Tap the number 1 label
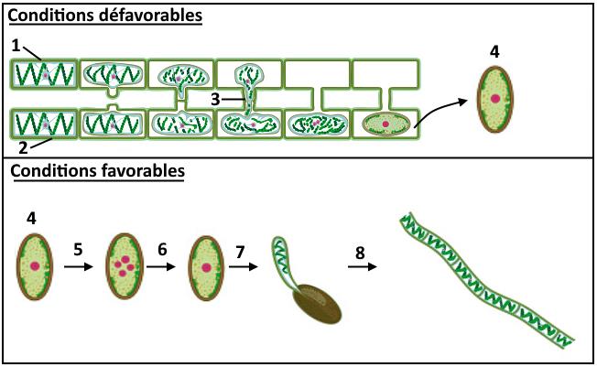tap(16, 44)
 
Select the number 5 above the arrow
tap(78, 248)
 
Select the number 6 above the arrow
tap(161, 248)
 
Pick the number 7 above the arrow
tap(240, 248)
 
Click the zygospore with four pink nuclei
tap(123, 266)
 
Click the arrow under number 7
tap(241, 267)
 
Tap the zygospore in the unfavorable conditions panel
tap(494, 99)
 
